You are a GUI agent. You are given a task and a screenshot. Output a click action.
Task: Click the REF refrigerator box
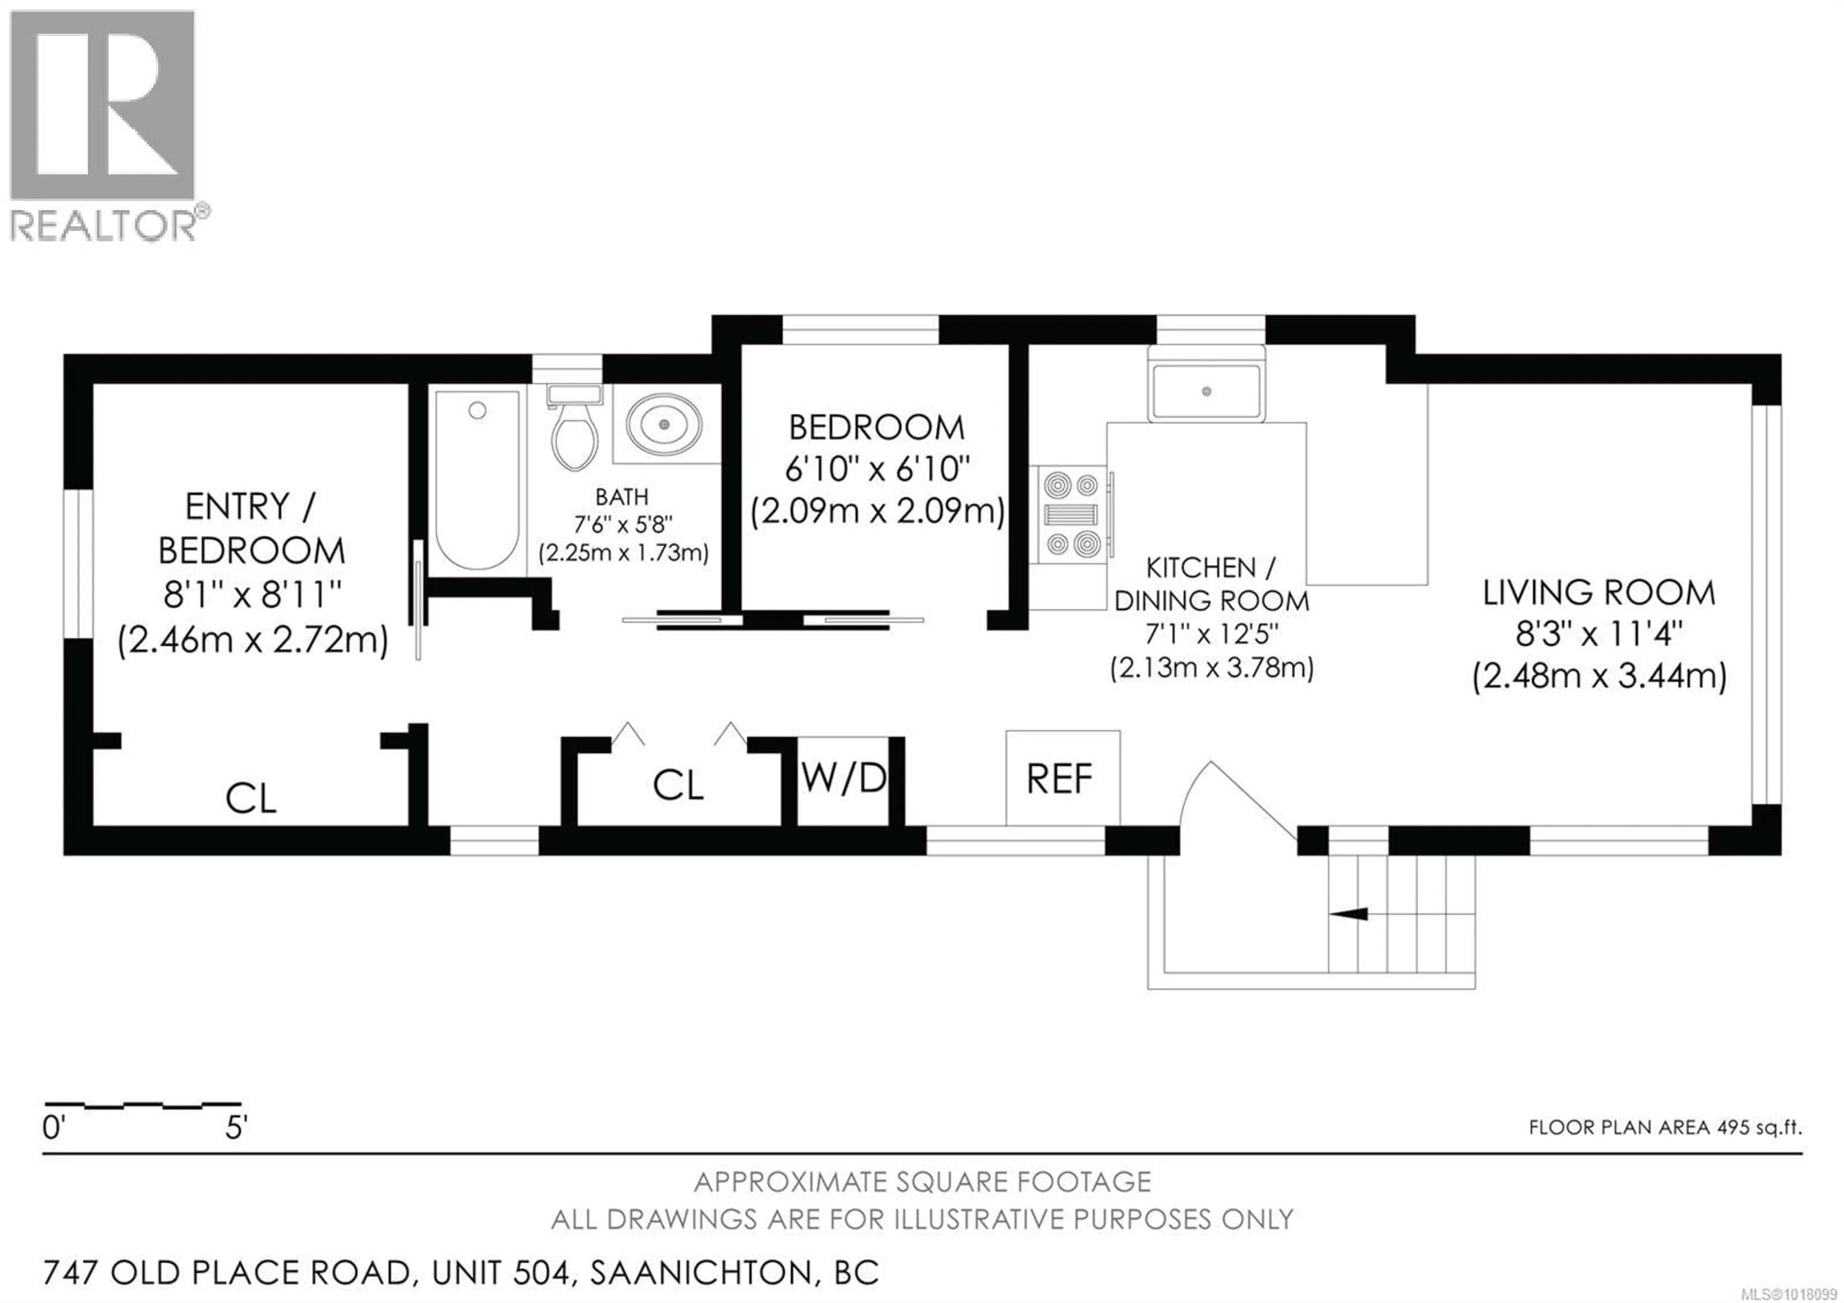(x=1062, y=778)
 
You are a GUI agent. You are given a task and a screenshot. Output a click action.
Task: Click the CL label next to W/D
(x=678, y=785)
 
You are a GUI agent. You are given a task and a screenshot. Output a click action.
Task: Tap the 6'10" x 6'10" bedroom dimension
(x=877, y=468)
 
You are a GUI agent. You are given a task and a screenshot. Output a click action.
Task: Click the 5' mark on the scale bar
(x=235, y=1129)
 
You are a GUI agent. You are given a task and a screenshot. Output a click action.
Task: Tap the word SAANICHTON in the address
(x=700, y=1272)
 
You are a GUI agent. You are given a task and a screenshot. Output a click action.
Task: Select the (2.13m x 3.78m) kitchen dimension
(x=1211, y=667)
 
